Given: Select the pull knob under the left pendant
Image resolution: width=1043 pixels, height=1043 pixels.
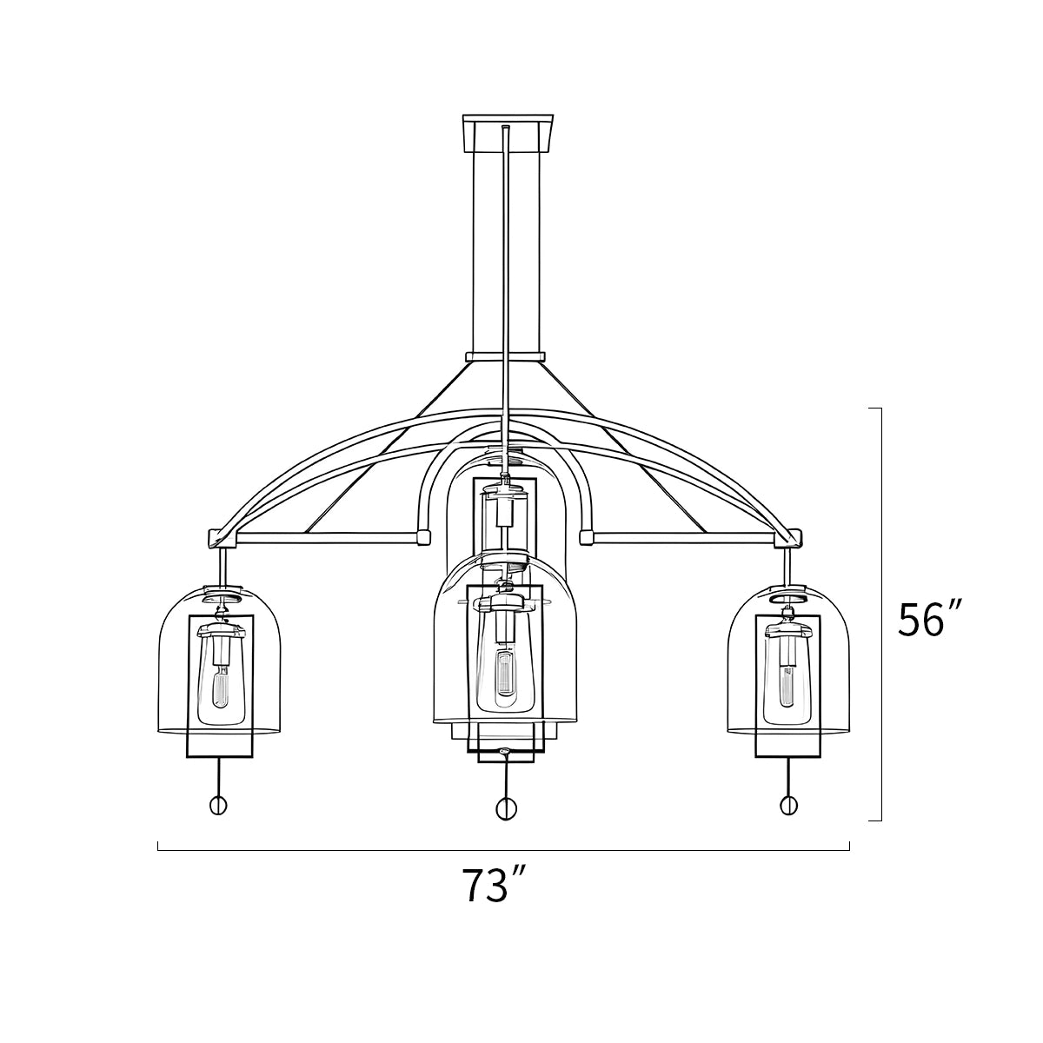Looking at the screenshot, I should click(x=218, y=805).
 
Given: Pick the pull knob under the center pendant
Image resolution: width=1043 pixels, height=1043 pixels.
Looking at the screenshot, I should click(x=505, y=808).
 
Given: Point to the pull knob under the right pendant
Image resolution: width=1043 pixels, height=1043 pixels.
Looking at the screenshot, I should click(x=789, y=805).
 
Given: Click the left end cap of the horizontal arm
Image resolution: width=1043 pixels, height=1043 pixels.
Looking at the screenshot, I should click(x=215, y=537).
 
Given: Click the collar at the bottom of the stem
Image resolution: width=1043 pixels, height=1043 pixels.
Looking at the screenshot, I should click(x=505, y=356).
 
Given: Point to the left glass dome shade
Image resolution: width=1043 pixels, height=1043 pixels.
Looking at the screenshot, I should click(x=174, y=661).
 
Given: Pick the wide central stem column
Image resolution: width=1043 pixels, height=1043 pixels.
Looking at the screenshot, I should click(x=487, y=252).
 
